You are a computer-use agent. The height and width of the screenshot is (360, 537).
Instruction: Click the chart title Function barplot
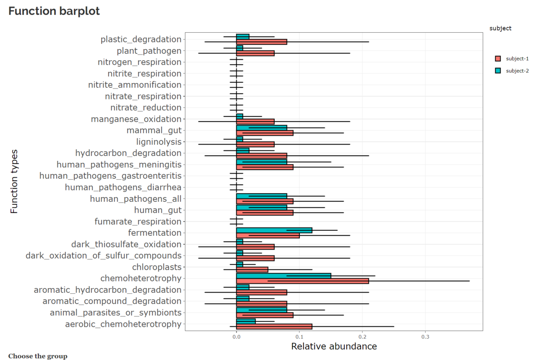[54, 12]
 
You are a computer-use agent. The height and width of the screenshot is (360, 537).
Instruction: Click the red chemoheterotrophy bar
[303, 281]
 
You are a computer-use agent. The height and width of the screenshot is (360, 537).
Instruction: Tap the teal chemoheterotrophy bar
[284, 275]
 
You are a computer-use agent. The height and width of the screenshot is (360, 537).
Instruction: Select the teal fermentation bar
[274, 230]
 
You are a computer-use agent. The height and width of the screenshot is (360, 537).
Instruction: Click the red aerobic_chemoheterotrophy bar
[274, 326]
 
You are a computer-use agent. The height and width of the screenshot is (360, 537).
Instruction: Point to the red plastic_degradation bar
[261, 42]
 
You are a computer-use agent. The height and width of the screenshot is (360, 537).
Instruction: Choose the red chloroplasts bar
[252, 270]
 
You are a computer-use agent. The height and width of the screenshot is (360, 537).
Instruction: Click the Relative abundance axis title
[334, 347]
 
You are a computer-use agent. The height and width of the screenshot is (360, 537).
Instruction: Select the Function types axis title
[14, 182]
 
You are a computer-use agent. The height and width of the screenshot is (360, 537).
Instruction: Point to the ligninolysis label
[159, 142]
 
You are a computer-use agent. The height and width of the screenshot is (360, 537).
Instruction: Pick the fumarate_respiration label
[138, 221]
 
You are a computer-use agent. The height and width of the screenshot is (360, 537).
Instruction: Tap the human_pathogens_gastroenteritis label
[111, 176]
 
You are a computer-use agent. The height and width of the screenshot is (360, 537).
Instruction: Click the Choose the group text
[38, 356]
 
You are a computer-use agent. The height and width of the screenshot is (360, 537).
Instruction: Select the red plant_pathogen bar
[255, 53]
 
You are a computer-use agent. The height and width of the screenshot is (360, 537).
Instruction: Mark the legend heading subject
[500, 28]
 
